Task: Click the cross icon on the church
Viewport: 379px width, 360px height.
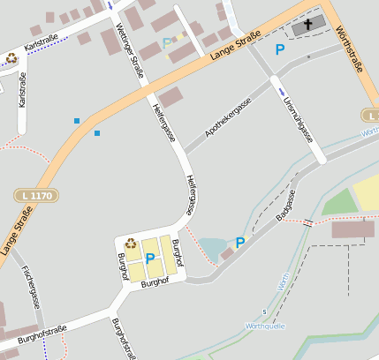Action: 308,25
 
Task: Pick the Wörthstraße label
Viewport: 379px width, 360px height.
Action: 352,49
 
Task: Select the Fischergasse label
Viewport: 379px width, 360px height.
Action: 31,287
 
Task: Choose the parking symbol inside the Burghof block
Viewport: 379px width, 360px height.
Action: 150,259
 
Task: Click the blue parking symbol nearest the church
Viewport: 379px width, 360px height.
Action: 280,50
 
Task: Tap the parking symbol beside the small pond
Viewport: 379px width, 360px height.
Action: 239,243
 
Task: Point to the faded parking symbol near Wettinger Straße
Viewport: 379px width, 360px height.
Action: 168,43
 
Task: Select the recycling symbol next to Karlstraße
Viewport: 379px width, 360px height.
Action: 11,58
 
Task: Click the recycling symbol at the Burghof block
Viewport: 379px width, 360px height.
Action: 131,244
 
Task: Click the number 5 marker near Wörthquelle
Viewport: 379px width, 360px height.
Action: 263,312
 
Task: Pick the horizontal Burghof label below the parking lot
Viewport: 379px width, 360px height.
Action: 155,283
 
